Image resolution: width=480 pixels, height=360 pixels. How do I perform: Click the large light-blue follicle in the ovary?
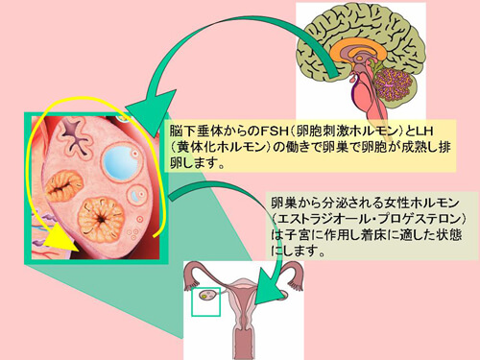click(123, 157)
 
